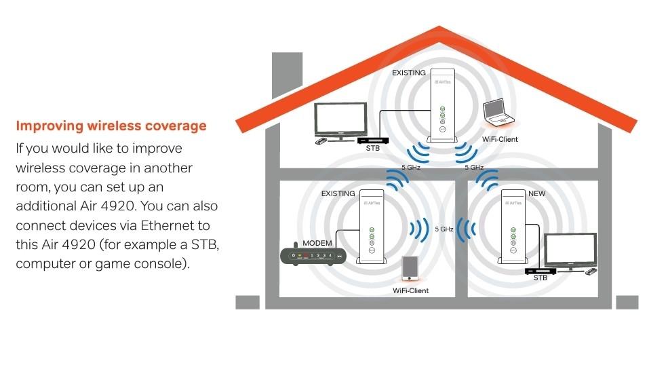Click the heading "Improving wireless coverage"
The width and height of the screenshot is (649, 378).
(111, 126)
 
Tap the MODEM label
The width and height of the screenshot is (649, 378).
(317, 243)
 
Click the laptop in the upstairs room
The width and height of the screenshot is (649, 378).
(498, 113)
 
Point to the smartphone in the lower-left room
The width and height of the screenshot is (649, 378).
(409, 268)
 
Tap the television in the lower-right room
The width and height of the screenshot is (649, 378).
(570, 250)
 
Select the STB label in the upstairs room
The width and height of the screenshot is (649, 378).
(372, 147)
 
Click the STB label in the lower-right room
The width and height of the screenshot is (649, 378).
(540, 279)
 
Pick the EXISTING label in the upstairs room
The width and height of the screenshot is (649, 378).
(409, 73)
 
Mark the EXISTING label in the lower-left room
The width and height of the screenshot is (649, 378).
(338, 194)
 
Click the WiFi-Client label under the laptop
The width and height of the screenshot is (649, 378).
(500, 140)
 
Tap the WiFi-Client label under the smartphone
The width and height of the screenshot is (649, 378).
(410, 290)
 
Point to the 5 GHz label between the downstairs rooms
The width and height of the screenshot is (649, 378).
(444, 229)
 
